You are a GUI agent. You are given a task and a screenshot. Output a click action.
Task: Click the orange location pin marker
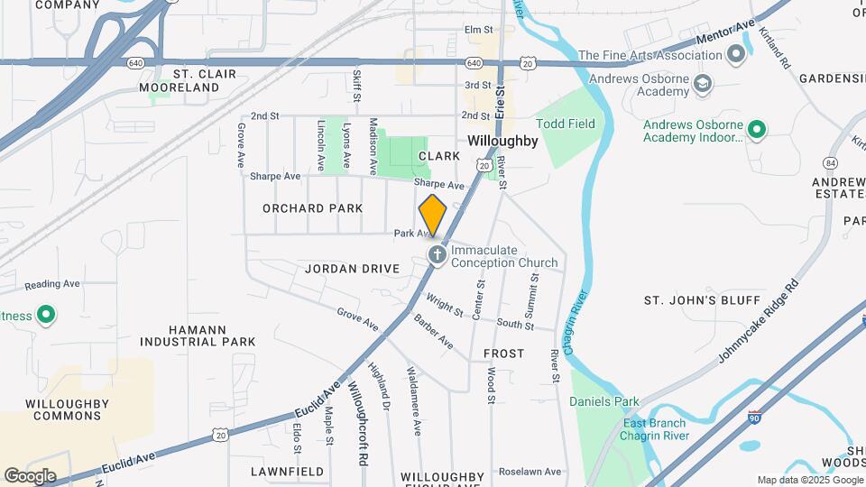click(x=433, y=216)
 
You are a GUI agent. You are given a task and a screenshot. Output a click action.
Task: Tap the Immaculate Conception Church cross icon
click(x=438, y=255)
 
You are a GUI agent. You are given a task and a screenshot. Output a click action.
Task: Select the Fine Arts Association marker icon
click(x=735, y=55)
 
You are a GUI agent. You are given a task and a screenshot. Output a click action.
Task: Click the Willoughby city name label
click(x=502, y=142)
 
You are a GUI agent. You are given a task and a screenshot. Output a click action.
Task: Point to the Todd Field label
click(x=566, y=124)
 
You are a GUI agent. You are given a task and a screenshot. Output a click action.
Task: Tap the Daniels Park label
click(x=604, y=402)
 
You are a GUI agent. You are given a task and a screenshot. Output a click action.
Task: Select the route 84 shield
click(x=830, y=162)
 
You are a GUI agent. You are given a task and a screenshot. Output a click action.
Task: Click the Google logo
click(x=29, y=475)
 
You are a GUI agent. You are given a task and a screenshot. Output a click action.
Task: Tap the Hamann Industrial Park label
click(x=198, y=335)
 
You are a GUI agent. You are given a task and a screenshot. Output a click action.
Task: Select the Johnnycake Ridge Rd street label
click(x=759, y=321)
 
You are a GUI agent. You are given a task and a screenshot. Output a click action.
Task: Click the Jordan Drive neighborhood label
click(x=352, y=269)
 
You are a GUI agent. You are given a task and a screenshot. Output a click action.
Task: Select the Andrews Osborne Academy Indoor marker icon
click(x=757, y=130)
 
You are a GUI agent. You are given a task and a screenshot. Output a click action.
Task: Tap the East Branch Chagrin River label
click(x=653, y=429)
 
